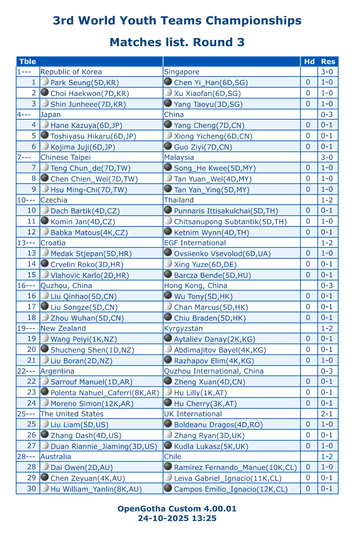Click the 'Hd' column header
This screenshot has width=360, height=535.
point(309,61)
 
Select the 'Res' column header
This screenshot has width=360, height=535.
point(328,61)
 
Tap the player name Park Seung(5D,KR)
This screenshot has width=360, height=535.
point(85,83)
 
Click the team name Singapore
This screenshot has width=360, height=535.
point(182,72)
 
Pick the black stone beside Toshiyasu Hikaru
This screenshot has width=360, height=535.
point(45,135)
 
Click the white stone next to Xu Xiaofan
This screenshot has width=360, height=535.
point(168,92)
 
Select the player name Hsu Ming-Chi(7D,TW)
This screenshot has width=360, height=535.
point(89,190)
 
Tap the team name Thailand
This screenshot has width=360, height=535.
point(179,200)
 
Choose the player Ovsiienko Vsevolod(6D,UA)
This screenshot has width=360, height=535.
point(222,253)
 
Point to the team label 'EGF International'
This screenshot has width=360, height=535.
point(195,243)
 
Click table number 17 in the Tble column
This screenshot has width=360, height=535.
point(32,307)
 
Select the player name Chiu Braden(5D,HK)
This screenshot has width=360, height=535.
point(210,318)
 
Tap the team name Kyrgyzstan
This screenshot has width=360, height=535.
point(184,328)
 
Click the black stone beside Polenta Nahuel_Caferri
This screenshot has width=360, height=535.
point(45,392)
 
